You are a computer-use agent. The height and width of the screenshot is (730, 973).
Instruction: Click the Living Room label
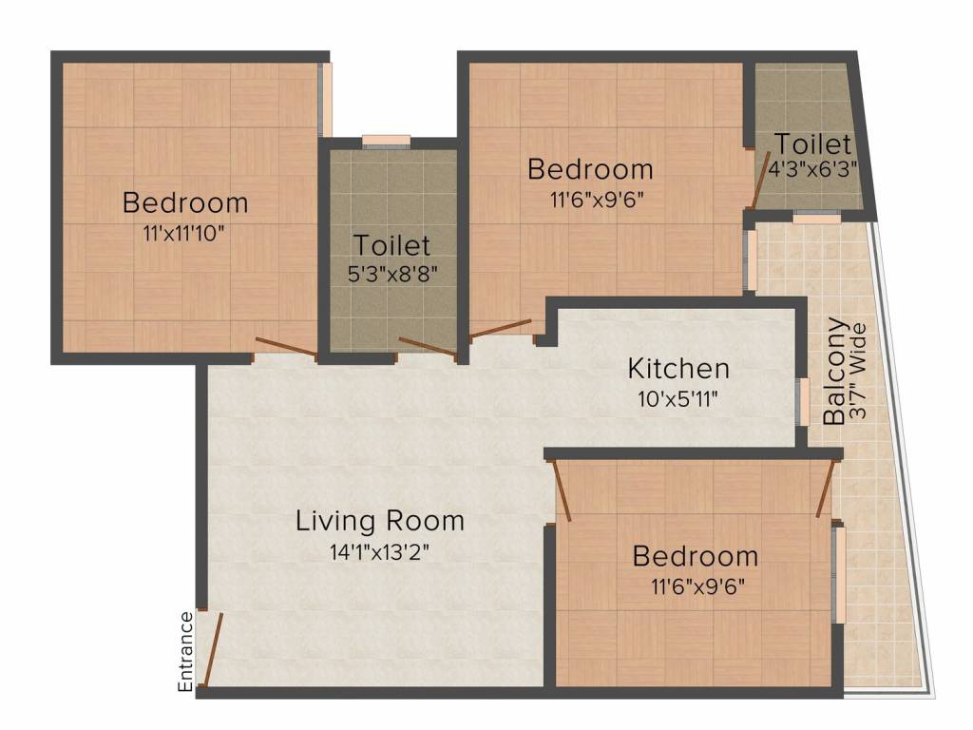click(380, 521)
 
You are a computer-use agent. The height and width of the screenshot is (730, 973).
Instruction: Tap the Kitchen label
click(678, 368)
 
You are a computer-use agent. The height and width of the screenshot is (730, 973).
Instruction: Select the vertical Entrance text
click(186, 651)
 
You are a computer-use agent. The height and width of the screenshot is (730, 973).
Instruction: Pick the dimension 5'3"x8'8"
click(391, 274)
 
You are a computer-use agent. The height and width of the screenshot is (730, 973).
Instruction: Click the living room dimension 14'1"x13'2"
click(379, 552)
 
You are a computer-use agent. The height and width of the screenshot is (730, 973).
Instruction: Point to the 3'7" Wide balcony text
click(859, 371)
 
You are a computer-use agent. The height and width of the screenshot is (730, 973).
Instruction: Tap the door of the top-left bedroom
click(285, 348)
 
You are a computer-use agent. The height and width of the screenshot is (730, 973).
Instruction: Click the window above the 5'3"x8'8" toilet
click(387, 142)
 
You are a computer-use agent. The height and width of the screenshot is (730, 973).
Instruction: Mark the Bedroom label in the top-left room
click(185, 202)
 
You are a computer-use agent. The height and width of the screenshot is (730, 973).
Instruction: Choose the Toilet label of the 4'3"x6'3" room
click(812, 144)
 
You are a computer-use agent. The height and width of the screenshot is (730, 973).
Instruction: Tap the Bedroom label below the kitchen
click(696, 556)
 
